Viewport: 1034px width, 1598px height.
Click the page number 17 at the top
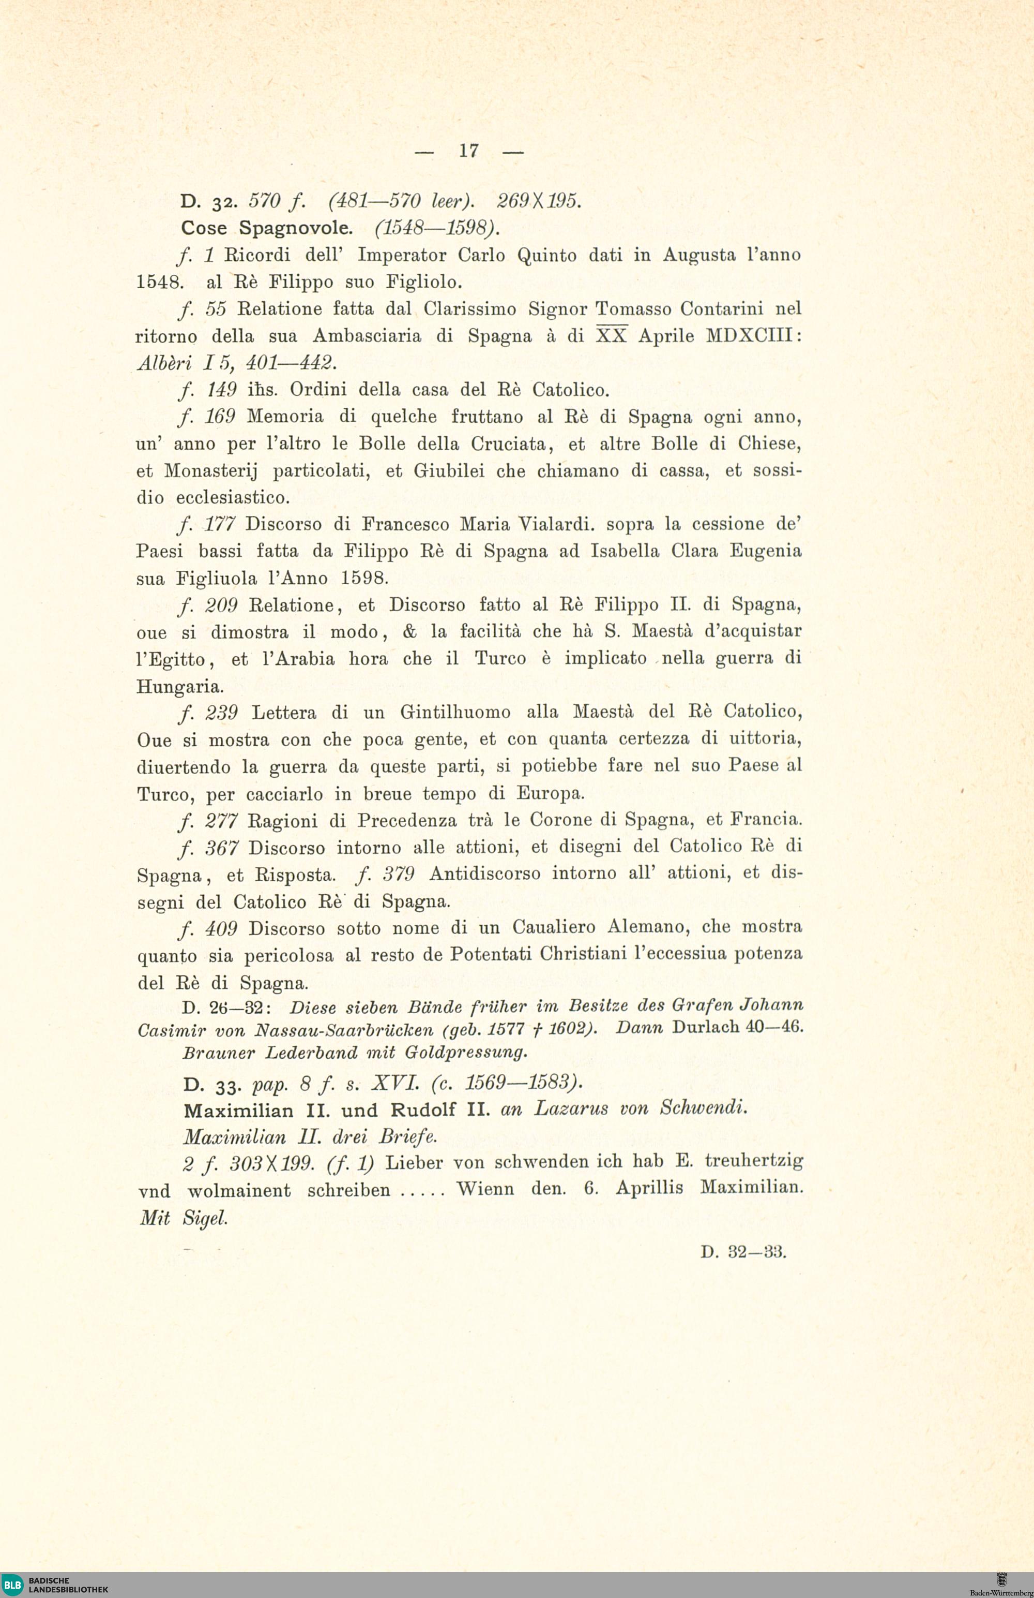[468, 151]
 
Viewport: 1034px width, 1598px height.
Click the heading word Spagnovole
[295, 228]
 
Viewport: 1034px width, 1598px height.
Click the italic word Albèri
[164, 363]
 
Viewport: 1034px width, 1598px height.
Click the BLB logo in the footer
[12, 1585]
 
